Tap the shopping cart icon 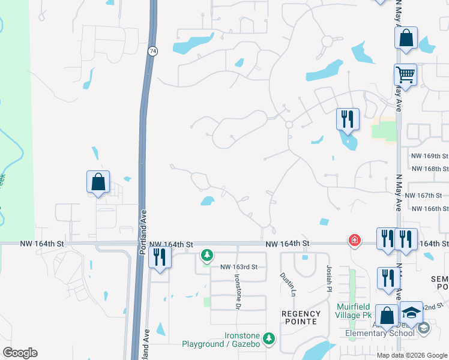(x=405, y=76)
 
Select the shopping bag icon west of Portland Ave (x=98, y=182)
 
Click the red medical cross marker (x=355, y=241)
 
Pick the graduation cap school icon (x=411, y=313)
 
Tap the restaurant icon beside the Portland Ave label (x=160, y=256)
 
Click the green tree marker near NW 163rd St (x=207, y=256)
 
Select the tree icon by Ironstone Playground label (x=269, y=339)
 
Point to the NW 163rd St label (x=238, y=267)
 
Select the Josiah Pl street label (x=329, y=279)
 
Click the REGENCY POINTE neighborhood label (x=300, y=317)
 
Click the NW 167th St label (x=423, y=196)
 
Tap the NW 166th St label (x=430, y=208)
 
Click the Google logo (x=20, y=353)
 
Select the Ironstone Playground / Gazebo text (x=221, y=340)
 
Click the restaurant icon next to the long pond (x=348, y=119)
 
